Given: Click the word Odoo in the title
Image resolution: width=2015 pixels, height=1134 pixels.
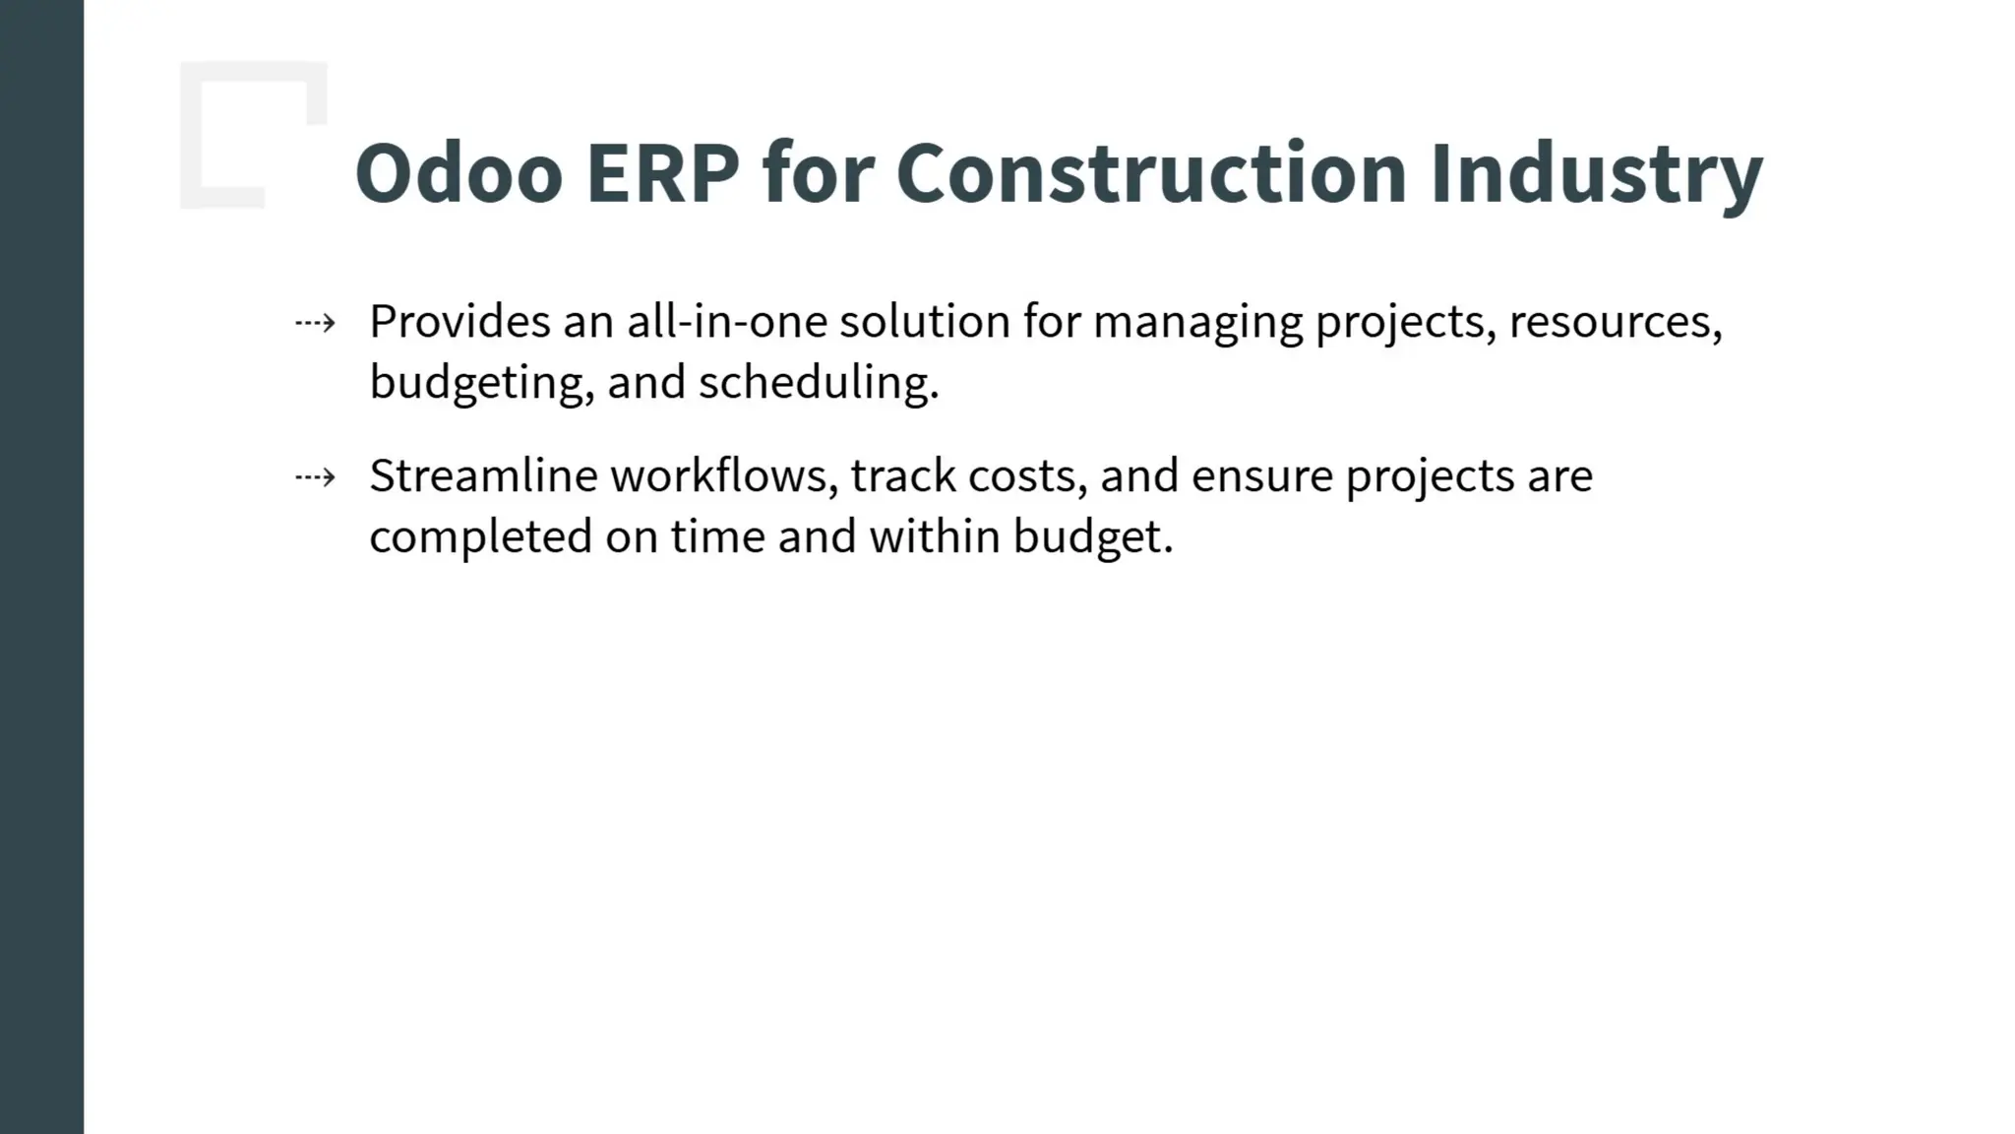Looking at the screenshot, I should point(458,173).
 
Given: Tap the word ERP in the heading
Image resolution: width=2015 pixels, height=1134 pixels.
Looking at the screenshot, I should point(662,173).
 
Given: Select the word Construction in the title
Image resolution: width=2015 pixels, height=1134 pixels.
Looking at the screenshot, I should point(1150,173).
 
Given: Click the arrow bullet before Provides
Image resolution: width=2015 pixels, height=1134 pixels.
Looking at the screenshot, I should point(316,323).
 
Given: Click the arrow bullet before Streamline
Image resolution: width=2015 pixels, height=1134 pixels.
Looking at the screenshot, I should point(316,478).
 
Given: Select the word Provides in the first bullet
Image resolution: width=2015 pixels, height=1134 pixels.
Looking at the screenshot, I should point(459,322).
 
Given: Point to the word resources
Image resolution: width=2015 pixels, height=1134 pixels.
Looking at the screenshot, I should point(1614,323).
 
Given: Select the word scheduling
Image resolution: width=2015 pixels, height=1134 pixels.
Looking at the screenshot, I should point(818,384).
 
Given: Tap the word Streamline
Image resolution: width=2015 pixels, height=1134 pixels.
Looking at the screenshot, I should point(483,476).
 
